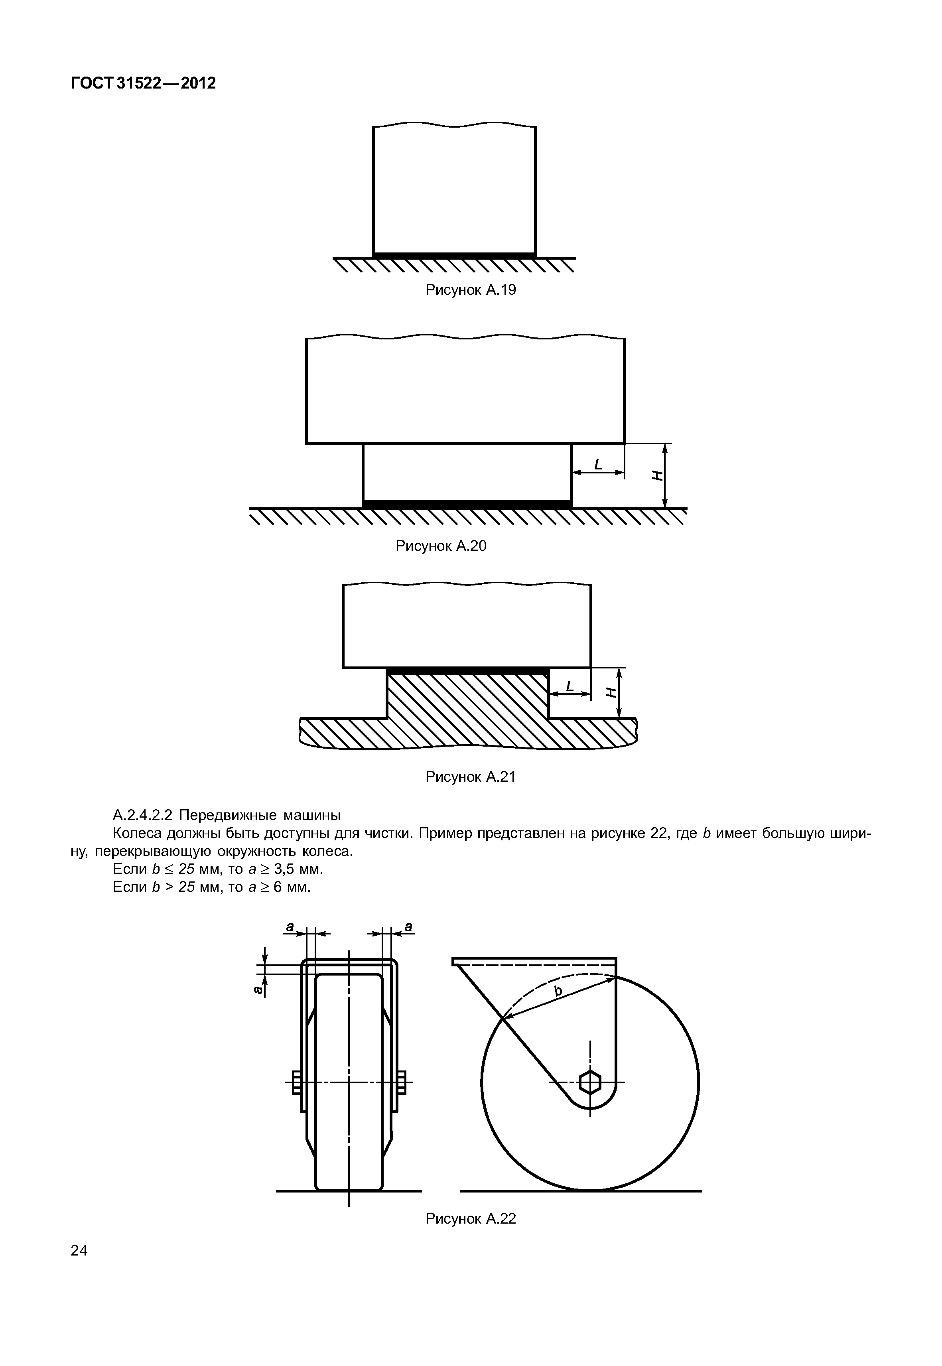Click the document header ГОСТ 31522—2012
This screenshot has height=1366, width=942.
pyautogui.click(x=144, y=84)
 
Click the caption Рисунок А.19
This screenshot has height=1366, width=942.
pyautogui.click(x=471, y=290)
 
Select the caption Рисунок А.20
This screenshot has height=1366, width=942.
pyautogui.click(x=441, y=546)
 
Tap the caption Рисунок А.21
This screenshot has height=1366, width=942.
pyautogui.click(x=471, y=777)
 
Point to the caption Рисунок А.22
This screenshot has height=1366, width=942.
pyautogui.click(x=471, y=1218)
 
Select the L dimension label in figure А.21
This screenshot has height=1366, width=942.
pyautogui.click(x=570, y=686)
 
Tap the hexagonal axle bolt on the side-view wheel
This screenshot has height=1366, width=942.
pyautogui.click(x=589, y=1083)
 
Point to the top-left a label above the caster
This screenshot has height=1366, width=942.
pyautogui.click(x=290, y=927)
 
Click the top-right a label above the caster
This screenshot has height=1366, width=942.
pyautogui.click(x=408, y=927)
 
